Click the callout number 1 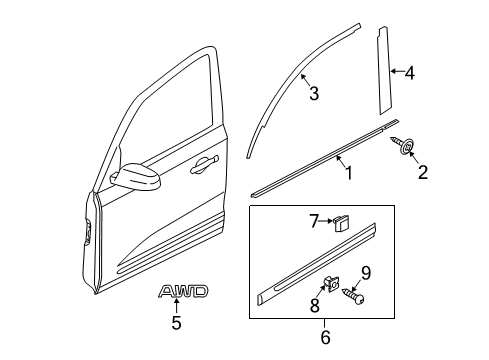pyautogui.click(x=349, y=173)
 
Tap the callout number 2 pyautogui.click(x=423, y=172)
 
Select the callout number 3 pyautogui.click(x=314, y=93)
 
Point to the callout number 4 pyautogui.click(x=410, y=73)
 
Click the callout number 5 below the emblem pyautogui.click(x=176, y=323)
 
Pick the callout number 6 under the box pyautogui.click(x=325, y=337)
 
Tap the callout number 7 pyautogui.click(x=315, y=221)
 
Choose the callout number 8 pyautogui.click(x=315, y=305)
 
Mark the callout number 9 pyautogui.click(x=366, y=273)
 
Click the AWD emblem pyautogui.click(x=183, y=291)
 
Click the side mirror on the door pyautogui.click(x=135, y=176)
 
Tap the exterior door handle pyautogui.click(x=204, y=164)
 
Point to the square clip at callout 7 pyautogui.click(x=340, y=223)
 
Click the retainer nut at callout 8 pyautogui.click(x=330, y=284)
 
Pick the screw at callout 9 pyautogui.click(x=353, y=296)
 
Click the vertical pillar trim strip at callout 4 pyautogui.click(x=385, y=70)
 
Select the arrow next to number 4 pyautogui.click(x=397, y=71)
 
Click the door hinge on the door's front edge pyautogui.click(x=89, y=231)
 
